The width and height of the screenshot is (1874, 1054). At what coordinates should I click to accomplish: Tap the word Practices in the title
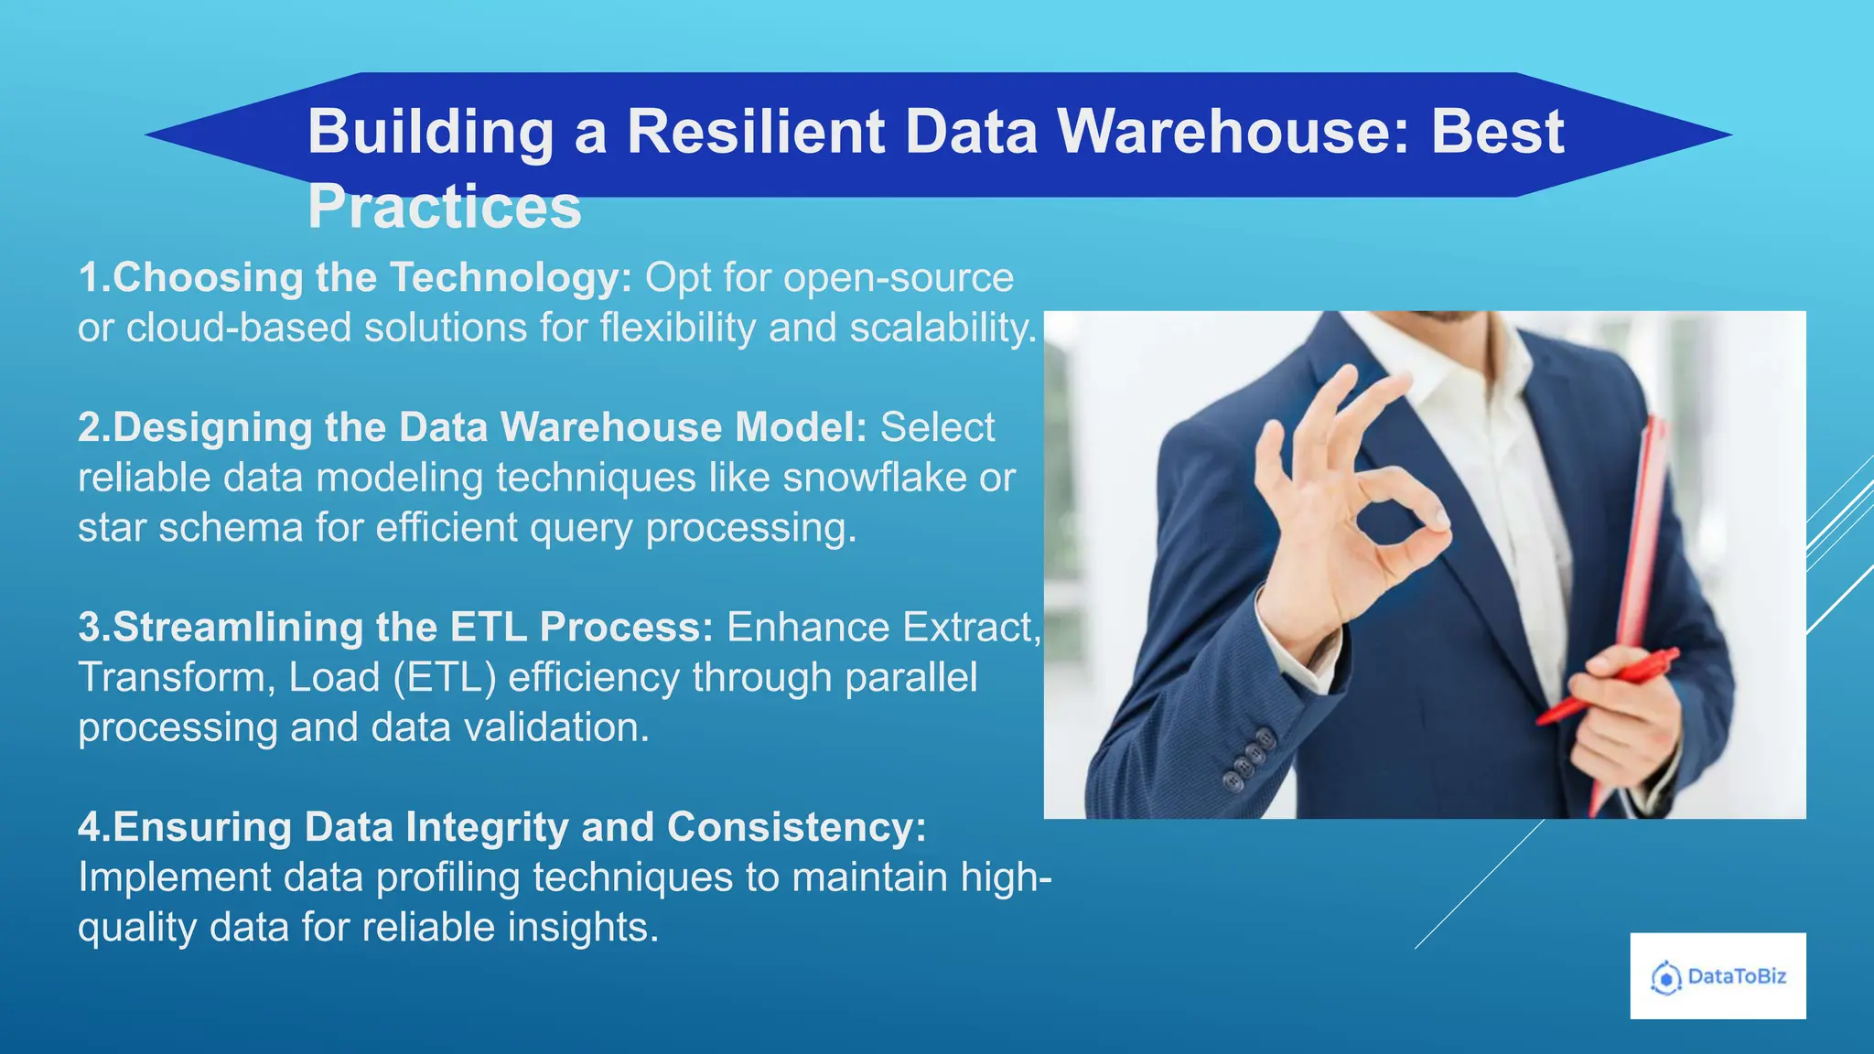[444, 208]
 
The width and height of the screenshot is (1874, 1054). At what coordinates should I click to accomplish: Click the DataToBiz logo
[1718, 976]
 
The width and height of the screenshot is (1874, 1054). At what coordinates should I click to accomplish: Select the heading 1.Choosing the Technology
[355, 278]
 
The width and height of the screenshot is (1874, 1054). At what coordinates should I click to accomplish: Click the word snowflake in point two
[875, 478]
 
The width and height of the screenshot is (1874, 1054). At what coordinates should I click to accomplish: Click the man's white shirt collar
[1427, 357]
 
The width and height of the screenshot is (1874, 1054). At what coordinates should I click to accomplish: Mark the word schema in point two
[231, 528]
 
